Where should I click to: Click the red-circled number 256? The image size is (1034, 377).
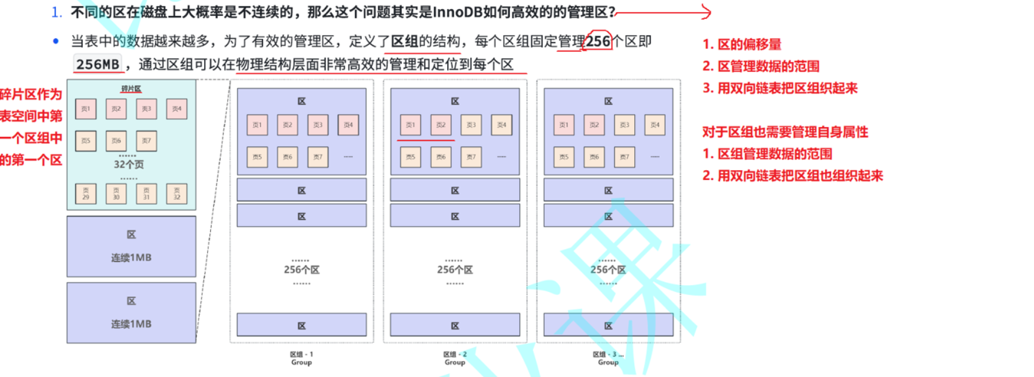click(598, 41)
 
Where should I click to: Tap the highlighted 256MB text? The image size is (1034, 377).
click(98, 64)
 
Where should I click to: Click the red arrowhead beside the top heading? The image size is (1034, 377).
click(706, 12)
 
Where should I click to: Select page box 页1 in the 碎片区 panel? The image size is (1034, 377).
click(86, 109)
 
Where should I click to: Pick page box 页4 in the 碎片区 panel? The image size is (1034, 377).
click(177, 109)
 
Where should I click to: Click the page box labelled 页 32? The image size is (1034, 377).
click(177, 194)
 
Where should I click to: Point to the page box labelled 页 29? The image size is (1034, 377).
click(86, 194)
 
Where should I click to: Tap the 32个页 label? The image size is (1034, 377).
click(129, 164)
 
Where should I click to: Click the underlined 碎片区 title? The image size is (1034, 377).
click(131, 89)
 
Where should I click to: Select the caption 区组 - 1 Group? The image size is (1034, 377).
click(301, 358)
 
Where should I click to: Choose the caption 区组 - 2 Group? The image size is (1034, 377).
click(455, 358)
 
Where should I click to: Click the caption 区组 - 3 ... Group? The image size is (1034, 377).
click(608, 358)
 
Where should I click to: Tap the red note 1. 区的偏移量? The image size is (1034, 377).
click(742, 44)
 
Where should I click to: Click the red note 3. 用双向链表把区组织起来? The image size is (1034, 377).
click(780, 88)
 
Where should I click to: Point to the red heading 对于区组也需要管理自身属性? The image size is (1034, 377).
click(785, 132)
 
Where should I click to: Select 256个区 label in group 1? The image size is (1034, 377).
click(301, 269)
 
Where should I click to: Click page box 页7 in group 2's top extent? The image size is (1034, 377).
click(471, 157)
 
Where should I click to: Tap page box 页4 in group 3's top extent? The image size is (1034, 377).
click(655, 125)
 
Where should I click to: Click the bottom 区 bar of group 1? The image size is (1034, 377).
click(301, 325)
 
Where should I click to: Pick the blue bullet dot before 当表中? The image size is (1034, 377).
click(56, 41)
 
